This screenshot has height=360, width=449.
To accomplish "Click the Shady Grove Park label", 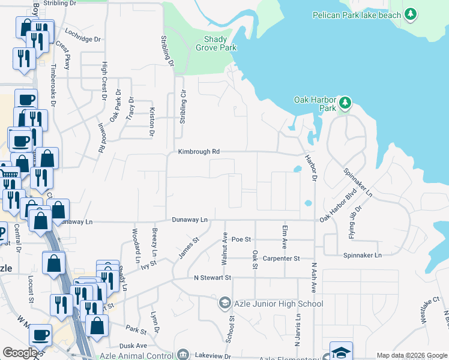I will pos(211,43).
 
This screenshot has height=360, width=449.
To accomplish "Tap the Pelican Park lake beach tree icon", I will pos(411,14).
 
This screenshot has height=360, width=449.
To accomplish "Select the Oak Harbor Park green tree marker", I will pos(345,103).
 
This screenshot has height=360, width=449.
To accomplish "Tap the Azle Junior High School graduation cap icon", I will pos(224,303).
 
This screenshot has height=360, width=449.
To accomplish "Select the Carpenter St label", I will pos(282,259).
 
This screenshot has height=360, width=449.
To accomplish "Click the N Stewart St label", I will pos(212,278).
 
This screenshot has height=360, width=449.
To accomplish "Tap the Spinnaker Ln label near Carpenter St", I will pos(362,256).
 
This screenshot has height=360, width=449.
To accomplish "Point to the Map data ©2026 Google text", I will pos(411,355).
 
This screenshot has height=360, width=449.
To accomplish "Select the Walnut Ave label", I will pos(224,249).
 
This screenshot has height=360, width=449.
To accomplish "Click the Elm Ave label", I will pos(284,237).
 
